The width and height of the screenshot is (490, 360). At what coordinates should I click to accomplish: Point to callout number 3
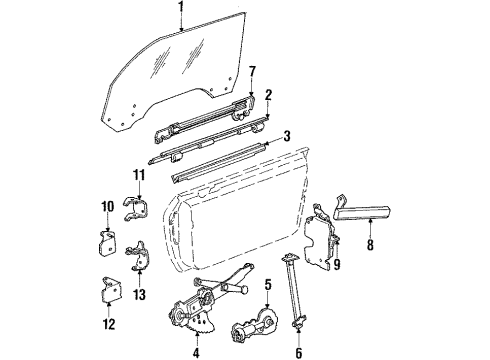point(286,135)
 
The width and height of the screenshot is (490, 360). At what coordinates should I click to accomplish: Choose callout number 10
point(105,207)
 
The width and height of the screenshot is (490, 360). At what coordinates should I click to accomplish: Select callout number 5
point(267,284)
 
